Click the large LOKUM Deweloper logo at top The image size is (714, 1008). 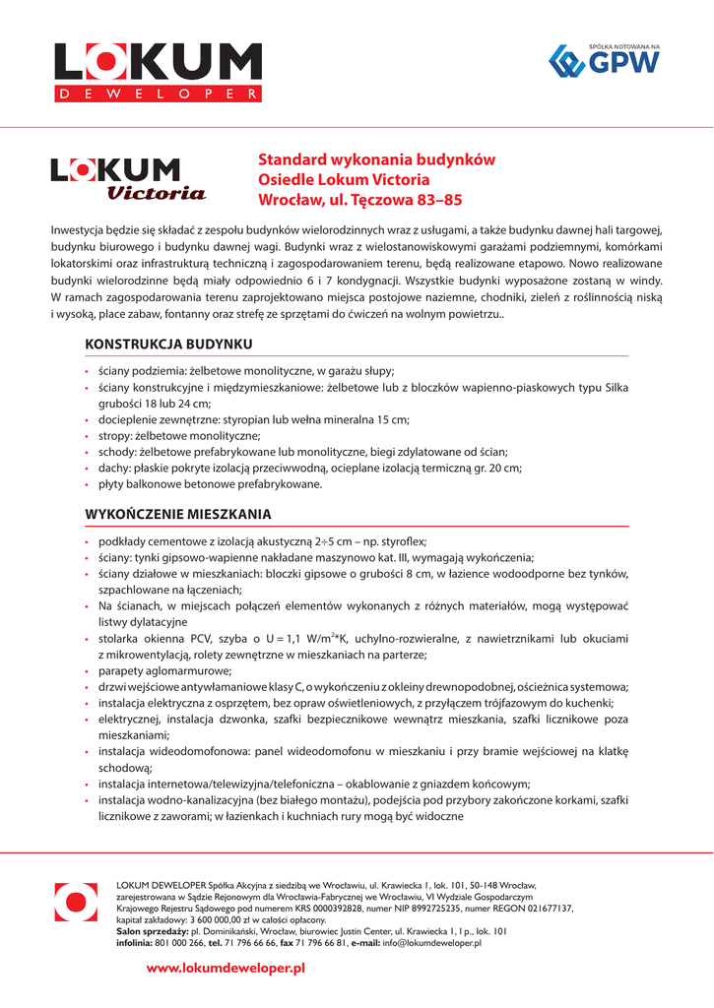158,73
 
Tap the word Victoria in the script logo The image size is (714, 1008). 156,193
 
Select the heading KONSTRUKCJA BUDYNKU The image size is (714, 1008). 168,344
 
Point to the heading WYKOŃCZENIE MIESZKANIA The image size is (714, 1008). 177,514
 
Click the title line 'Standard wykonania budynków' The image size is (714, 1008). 376,159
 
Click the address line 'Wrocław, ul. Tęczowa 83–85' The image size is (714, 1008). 359,200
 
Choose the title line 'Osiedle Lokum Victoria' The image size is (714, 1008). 344,180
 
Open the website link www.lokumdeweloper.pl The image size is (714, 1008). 226,969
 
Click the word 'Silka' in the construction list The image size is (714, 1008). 617,387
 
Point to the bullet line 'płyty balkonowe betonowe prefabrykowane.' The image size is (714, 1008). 210,483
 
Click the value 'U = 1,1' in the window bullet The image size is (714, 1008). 293,639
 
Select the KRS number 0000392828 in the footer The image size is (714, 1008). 298,910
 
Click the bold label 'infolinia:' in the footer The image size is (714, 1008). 135,943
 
